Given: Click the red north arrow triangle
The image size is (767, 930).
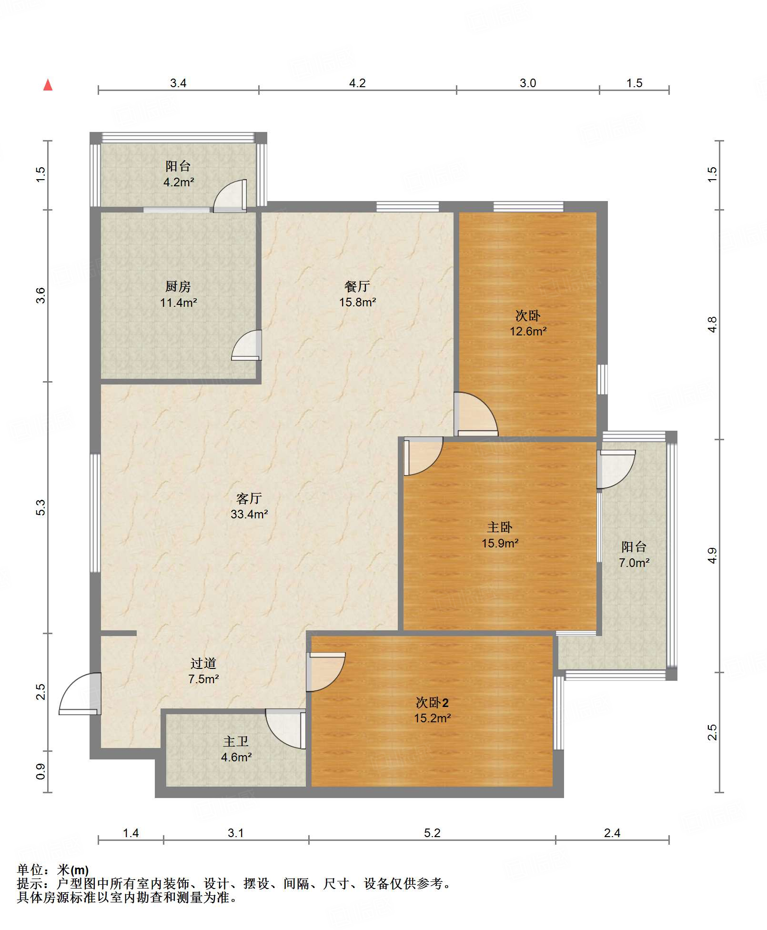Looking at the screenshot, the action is coord(48,85).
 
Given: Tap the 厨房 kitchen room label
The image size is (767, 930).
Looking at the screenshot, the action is coord(178,286).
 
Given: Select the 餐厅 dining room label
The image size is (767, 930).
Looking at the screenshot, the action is coord(357,286).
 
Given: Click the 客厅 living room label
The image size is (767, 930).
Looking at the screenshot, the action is coord(249,498).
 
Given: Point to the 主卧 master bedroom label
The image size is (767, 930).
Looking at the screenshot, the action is coord(500,527).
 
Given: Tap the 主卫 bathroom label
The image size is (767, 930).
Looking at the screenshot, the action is coord(236,741).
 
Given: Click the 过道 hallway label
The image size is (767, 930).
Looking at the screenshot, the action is coord(203,663).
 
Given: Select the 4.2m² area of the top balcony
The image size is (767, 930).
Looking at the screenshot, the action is coord(179,182).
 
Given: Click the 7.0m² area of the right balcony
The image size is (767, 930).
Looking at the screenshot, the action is coord(634,563).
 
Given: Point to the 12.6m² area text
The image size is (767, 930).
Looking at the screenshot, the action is coord(528,331).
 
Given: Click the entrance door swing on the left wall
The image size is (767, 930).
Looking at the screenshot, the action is coord(80,694).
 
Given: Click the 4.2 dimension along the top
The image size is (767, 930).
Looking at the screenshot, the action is coord(357,83).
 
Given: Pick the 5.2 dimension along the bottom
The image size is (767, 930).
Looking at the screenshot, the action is coord(432,833).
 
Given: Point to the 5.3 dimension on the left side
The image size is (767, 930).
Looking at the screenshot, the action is coord(40,507).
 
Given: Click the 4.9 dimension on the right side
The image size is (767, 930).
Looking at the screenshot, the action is coord(712,556).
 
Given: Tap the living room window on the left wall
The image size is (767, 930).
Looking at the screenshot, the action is coord(95,513).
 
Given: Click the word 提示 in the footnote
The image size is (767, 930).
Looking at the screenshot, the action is coord(30,883).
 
